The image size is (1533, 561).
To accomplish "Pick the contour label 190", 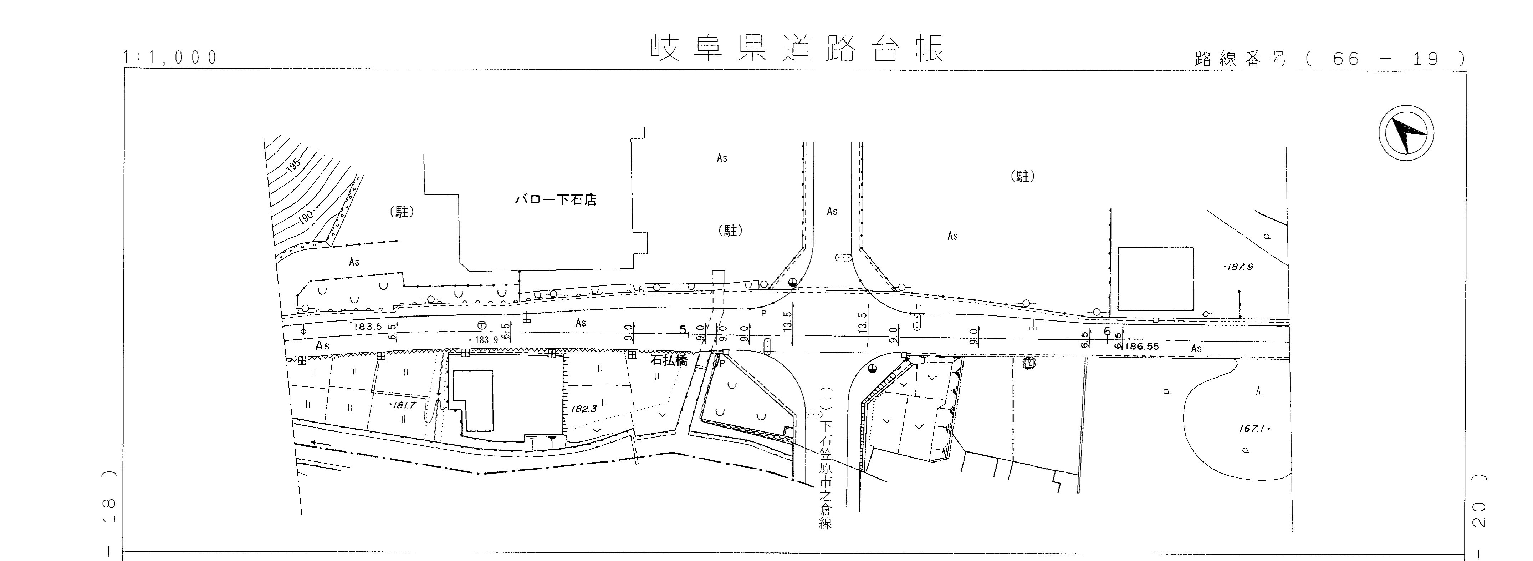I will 305,218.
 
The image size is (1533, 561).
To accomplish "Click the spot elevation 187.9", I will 1238,267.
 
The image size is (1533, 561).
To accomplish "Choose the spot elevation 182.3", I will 583,409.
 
